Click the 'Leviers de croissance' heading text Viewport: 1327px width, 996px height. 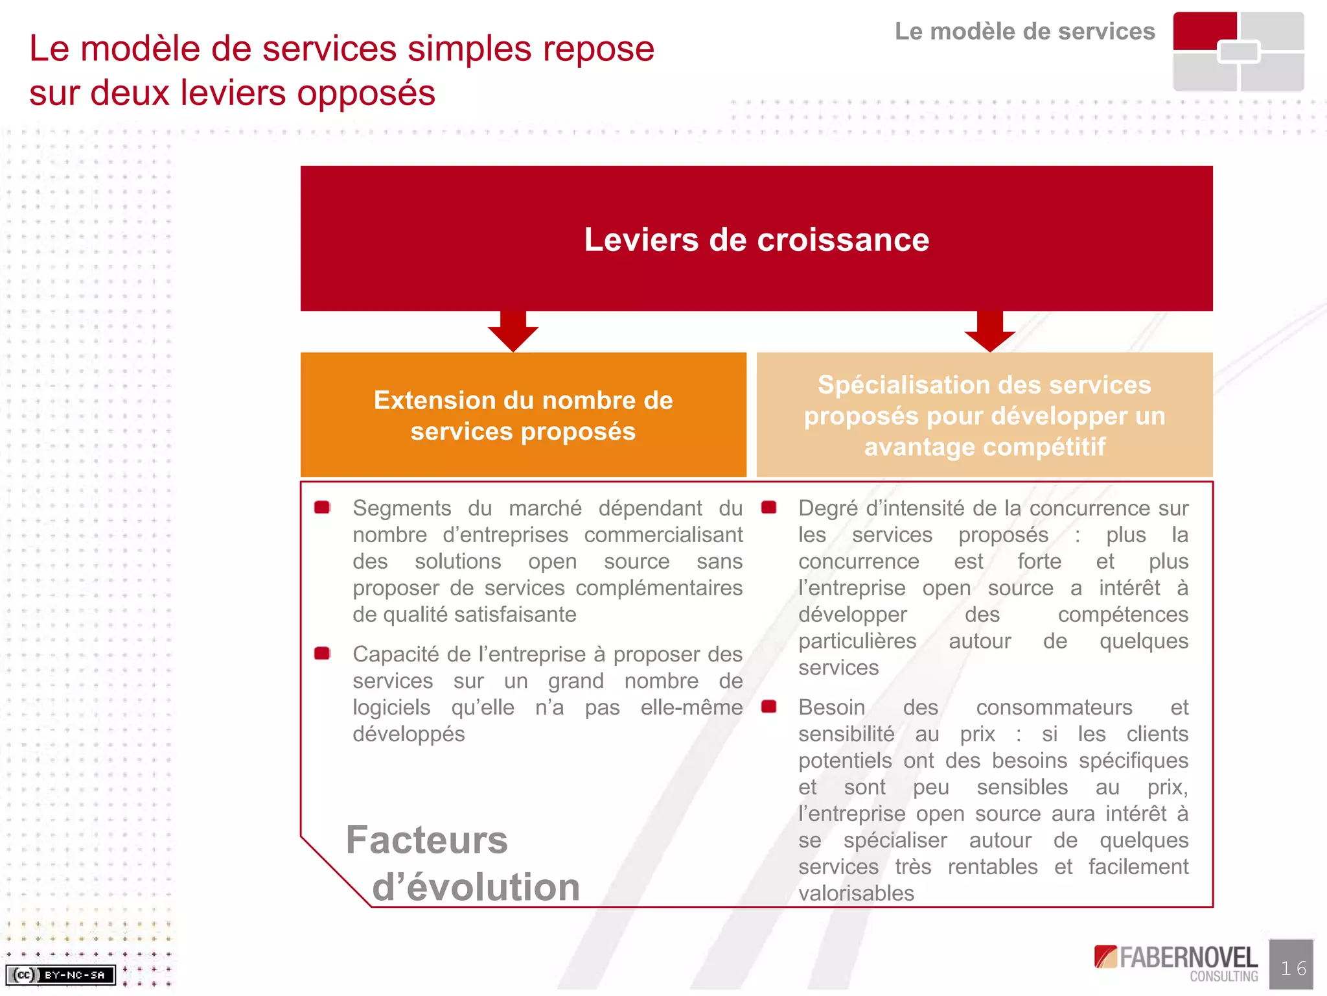(756, 239)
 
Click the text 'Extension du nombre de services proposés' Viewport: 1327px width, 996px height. (523, 416)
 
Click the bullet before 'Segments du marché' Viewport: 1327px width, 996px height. (322, 507)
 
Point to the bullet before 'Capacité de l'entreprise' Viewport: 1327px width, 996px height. (322, 653)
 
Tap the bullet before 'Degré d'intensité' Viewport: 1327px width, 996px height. (768, 507)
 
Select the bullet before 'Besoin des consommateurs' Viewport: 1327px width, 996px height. (768, 706)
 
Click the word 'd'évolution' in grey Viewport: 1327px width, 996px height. (476, 886)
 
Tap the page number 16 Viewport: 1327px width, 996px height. (1293, 968)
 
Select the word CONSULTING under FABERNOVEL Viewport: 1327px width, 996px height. (1223, 977)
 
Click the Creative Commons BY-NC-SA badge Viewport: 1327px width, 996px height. (60, 975)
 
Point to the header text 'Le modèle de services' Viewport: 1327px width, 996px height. (1024, 31)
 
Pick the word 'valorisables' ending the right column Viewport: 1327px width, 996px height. (855, 893)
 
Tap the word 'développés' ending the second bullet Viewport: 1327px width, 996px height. (408, 733)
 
